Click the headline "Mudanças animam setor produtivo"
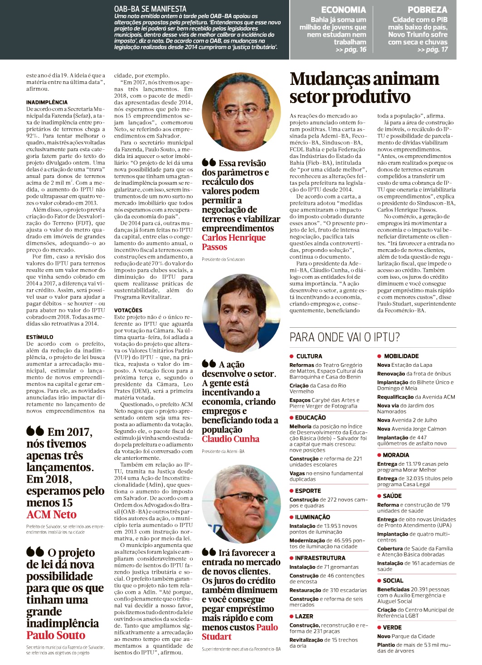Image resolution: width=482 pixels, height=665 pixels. (364, 88)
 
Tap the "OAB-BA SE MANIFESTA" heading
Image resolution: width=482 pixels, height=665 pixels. (150, 9)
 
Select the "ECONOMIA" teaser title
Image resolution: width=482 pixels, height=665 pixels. (343, 10)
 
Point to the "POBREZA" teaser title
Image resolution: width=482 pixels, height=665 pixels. (427, 10)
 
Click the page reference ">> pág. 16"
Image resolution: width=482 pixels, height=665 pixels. (351, 49)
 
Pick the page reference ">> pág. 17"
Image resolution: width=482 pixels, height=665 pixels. (433, 49)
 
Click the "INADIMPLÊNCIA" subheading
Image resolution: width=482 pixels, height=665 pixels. (47, 103)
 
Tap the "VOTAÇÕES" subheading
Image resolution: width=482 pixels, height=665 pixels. (128, 310)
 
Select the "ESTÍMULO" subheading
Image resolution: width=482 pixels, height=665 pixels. (40, 337)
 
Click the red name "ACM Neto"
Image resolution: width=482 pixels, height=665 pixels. (52, 515)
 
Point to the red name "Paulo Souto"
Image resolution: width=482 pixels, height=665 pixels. (56, 635)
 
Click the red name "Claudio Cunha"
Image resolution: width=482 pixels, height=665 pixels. (230, 439)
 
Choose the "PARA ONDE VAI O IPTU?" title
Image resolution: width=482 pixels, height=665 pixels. (345, 337)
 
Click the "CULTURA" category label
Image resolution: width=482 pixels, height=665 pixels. (309, 357)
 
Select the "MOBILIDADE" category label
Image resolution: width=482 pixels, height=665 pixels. (401, 356)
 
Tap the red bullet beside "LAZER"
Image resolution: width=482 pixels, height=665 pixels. (292, 616)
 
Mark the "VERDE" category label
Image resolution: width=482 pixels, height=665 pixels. (392, 627)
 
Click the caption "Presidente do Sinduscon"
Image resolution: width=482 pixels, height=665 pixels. (223, 259)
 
